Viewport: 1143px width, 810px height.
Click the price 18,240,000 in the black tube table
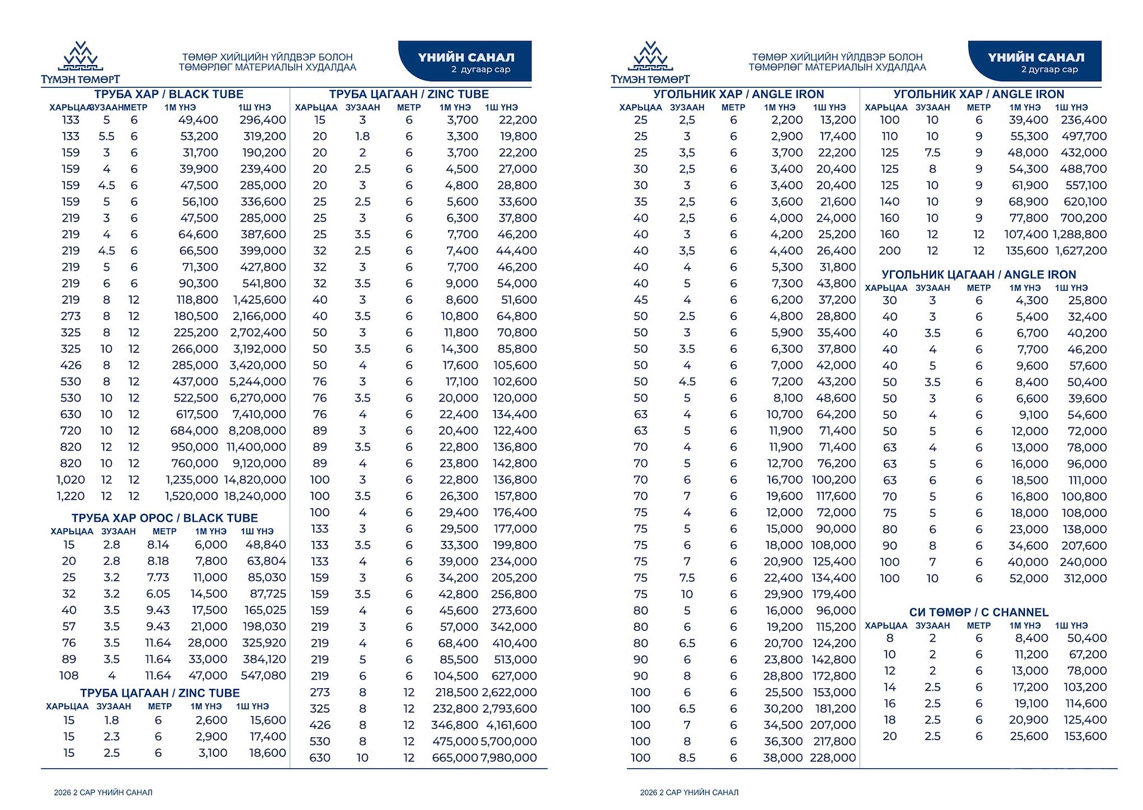click(x=255, y=496)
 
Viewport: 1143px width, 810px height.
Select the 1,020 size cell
click(x=70, y=480)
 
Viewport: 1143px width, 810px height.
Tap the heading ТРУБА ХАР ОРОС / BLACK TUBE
click(x=165, y=518)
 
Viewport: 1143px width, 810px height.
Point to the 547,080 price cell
click(x=264, y=676)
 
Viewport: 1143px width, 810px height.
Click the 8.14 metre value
click(x=158, y=545)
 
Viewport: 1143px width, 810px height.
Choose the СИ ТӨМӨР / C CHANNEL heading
click(x=978, y=612)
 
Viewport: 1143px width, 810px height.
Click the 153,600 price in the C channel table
click(x=1085, y=737)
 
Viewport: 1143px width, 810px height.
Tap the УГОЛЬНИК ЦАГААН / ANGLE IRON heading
click(x=978, y=275)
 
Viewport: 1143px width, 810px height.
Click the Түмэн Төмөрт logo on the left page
click(x=81, y=63)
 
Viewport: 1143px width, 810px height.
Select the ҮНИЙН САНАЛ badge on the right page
click(x=1035, y=61)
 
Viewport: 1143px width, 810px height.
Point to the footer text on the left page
click(x=103, y=793)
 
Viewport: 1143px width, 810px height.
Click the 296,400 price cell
click(x=263, y=120)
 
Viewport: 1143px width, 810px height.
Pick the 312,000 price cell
click(x=1085, y=578)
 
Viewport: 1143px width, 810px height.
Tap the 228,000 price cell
click(x=833, y=758)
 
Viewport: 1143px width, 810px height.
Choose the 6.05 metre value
click(x=158, y=594)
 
